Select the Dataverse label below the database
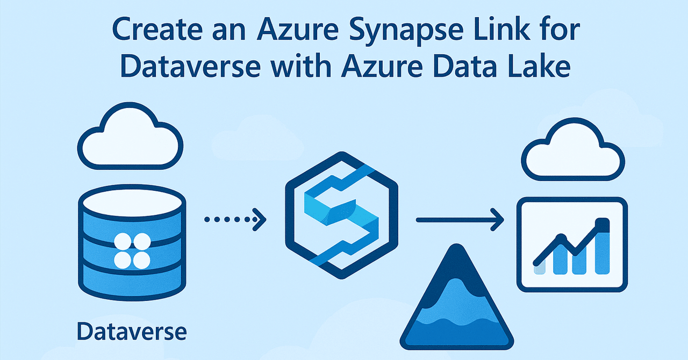(x=132, y=332)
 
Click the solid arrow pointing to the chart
(x=460, y=219)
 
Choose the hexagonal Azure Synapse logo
(x=341, y=215)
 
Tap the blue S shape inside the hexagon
(x=341, y=215)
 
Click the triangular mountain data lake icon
(x=457, y=301)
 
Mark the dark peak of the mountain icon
(x=457, y=263)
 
